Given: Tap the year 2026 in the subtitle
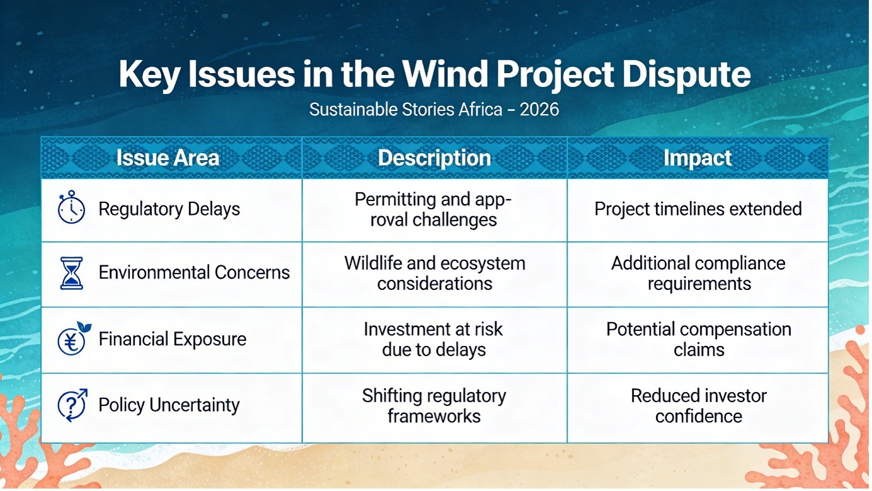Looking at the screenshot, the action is pos(539,110).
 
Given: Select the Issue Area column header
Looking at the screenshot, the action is pos(168,158).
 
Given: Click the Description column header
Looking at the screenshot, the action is pos(435,158).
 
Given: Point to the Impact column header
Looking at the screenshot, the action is pos(697,158).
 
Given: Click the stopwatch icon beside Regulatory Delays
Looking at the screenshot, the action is pos(71,207).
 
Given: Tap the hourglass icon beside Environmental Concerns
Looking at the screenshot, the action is pos(72,273).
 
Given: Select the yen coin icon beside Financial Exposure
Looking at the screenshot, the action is pos(74,338).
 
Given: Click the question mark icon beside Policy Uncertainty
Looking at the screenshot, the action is pos(72,405).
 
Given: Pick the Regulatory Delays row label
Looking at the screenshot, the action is pos(169,209).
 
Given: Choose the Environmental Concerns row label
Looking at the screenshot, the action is pos(194,272).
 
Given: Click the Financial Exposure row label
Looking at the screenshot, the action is pos(173,338).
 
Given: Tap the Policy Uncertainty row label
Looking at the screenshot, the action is pos(169,405).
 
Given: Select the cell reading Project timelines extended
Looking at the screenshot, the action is pos(698,209).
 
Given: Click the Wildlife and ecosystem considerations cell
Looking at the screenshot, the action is pos(435,274).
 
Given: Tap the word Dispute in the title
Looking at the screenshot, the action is pos(686,75).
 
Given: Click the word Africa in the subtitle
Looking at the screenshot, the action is pos(480,110).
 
